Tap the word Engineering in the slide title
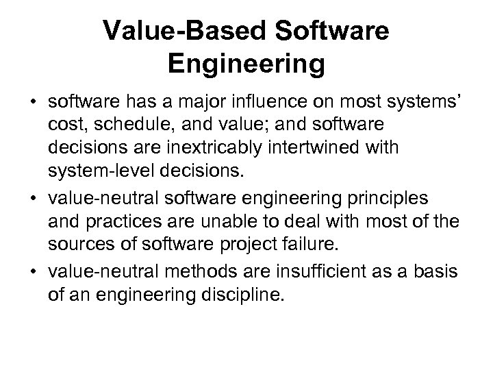(x=246, y=65)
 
